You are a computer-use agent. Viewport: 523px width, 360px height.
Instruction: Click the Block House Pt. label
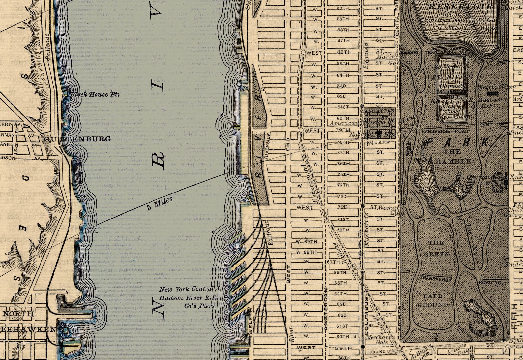[x=95, y=94]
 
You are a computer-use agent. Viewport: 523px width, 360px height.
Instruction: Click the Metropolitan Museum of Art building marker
[x=494, y=93]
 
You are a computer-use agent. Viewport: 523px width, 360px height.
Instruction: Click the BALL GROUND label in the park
[x=432, y=300]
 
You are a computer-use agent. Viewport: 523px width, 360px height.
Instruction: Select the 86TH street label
[x=344, y=52]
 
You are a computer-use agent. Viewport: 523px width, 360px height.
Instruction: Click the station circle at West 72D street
[x=323, y=207]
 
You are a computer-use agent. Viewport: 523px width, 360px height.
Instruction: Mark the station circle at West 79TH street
[x=301, y=130]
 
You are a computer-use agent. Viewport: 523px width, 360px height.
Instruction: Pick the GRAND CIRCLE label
[x=381, y=352]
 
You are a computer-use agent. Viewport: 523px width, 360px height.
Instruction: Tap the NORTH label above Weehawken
[x=18, y=314]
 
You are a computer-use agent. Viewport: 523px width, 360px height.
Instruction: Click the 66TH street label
[x=340, y=273]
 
